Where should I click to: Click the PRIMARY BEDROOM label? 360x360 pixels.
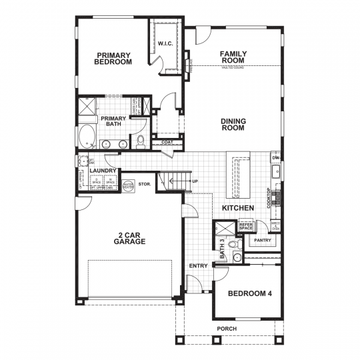click(113, 58)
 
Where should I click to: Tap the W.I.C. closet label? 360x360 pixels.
click(165, 44)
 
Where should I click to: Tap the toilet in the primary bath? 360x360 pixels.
click(140, 141)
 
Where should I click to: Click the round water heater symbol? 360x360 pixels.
click(128, 186)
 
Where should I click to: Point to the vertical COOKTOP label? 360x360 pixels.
click(269, 197)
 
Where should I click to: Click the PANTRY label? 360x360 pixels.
click(261, 240)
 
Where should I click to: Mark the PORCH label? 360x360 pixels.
click(227, 329)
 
